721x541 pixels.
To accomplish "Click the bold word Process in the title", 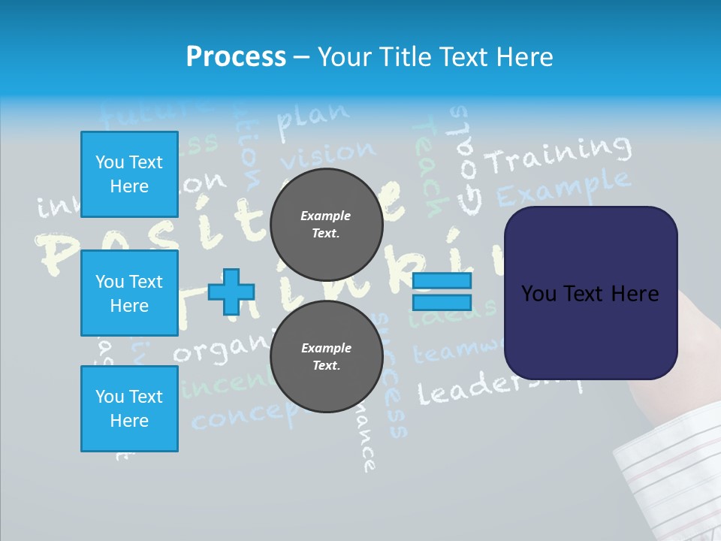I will (236, 57).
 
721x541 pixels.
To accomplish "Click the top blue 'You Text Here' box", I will (129, 174).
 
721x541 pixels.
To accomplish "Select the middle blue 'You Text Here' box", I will (129, 293).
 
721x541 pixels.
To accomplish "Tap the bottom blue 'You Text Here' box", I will (129, 409).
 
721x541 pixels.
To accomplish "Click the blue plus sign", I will (231, 292).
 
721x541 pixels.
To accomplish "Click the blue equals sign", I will (442, 292).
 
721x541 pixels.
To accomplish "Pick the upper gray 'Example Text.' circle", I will (326, 225).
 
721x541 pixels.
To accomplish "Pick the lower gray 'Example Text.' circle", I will (326, 357).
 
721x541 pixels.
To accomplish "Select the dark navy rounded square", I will (590, 293).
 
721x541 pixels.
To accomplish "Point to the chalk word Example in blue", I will (563, 188).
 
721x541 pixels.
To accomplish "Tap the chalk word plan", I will (313, 119).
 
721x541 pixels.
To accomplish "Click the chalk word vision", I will (327, 155).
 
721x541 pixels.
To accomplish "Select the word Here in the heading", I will (523, 57).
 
